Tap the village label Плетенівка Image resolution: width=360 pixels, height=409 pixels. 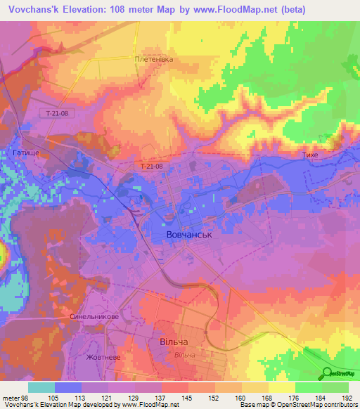point(154,60)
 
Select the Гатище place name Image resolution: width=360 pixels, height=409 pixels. point(25,152)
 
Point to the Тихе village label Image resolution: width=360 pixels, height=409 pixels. point(311,152)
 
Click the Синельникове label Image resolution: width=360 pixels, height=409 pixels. point(94,317)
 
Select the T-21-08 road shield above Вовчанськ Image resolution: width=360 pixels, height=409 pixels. point(151,167)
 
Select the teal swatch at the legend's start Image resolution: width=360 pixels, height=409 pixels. point(41,387)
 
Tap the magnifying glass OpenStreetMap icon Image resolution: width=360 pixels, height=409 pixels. point(327,372)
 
